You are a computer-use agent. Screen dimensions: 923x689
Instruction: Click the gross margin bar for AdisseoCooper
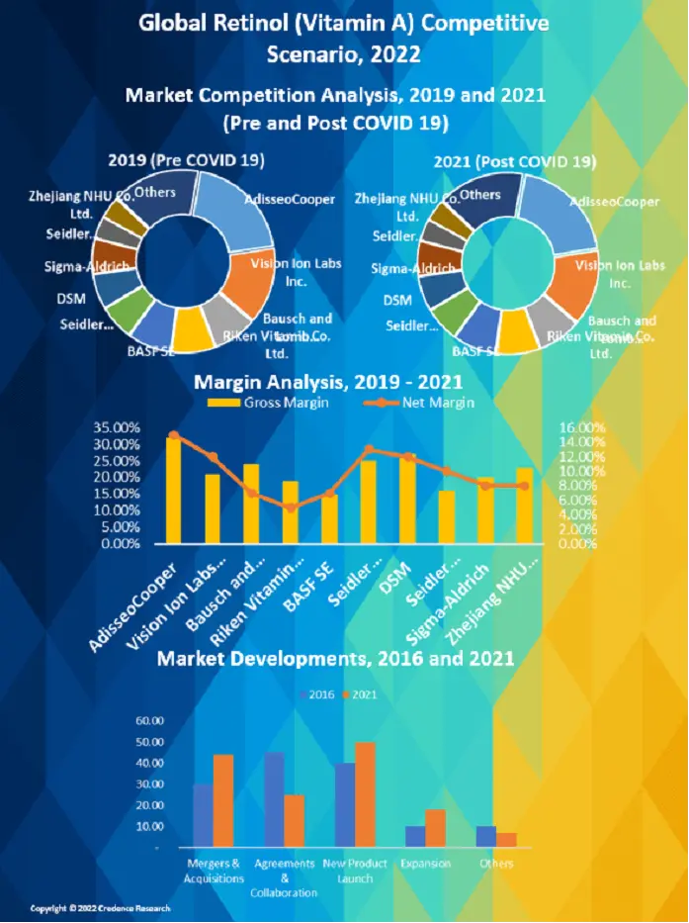click(173, 490)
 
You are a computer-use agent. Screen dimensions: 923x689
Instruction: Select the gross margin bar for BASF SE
click(328, 518)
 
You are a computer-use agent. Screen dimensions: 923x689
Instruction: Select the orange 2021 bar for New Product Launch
click(366, 794)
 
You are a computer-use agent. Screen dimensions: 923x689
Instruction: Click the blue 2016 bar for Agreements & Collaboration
click(274, 799)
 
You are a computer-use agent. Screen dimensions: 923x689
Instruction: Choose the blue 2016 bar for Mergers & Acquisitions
click(203, 815)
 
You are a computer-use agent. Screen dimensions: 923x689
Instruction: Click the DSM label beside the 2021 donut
click(397, 301)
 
